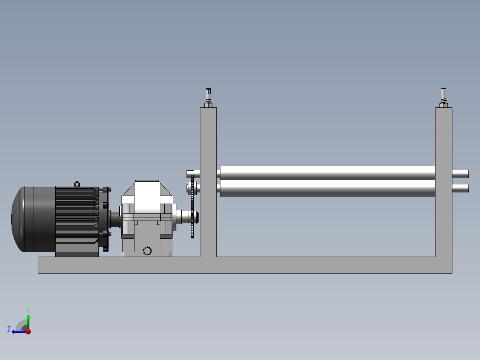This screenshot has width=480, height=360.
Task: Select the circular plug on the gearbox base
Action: point(147,251)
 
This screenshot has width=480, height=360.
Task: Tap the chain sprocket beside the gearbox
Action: point(192,206)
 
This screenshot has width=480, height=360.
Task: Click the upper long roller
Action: point(328,173)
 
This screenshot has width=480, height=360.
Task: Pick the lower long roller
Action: point(328,188)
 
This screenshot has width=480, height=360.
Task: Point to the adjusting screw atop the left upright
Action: point(208,95)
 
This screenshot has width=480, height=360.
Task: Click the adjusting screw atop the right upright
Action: point(443,95)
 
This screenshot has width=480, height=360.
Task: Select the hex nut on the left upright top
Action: point(208,106)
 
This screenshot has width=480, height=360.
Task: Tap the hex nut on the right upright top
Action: point(443,106)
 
